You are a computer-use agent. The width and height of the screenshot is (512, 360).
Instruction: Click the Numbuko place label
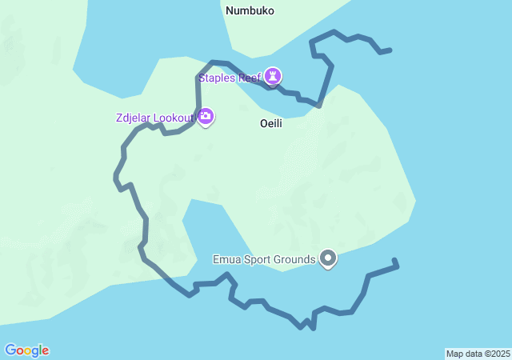point(250,11)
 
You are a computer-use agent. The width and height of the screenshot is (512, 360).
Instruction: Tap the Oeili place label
point(271,124)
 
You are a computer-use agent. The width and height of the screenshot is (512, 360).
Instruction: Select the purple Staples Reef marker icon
point(273,76)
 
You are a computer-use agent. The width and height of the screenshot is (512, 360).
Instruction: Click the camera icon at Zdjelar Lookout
point(206,117)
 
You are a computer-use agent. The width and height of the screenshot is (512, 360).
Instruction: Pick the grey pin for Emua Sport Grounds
point(328,258)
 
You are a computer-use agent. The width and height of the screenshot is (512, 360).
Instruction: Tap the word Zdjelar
point(134,118)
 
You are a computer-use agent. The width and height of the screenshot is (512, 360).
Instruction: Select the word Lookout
point(175,118)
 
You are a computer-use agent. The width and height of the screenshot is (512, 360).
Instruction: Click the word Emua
point(226,259)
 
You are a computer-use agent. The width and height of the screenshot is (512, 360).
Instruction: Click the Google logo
point(26,350)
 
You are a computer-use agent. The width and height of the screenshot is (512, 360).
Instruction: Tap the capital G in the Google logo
point(10,350)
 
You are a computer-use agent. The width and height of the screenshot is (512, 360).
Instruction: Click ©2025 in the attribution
point(496,354)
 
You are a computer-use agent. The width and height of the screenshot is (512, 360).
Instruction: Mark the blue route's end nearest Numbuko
point(390,50)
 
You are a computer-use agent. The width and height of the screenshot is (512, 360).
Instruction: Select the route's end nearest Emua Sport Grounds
point(395,261)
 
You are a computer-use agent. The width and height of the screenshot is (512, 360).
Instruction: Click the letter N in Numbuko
point(230,11)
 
